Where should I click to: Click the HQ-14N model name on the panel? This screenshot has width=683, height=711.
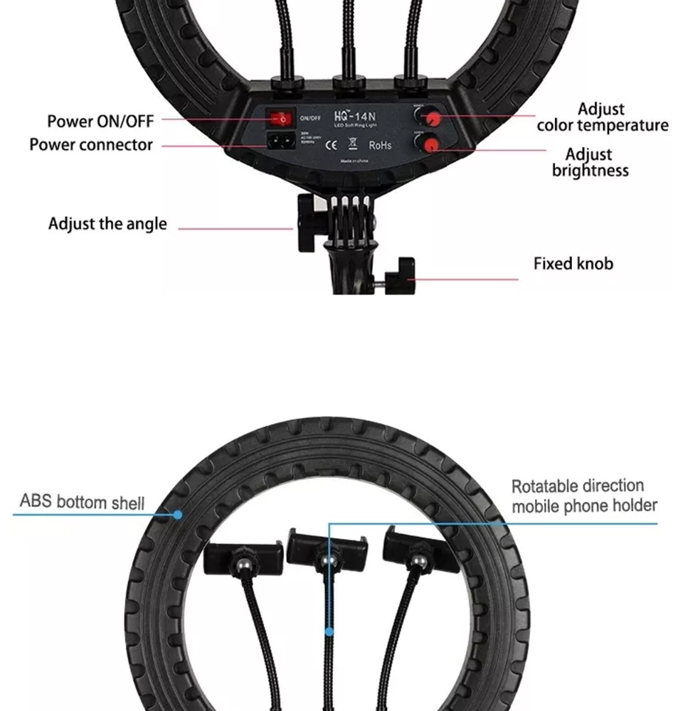[x=354, y=115]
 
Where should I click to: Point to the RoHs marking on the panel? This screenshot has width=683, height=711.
[x=380, y=145]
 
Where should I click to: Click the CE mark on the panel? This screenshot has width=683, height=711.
[x=331, y=145]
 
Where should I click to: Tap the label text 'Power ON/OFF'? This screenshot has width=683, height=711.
[x=100, y=121]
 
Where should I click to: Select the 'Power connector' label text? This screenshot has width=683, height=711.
[x=91, y=145]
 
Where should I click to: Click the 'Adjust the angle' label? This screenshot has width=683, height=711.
[x=107, y=224]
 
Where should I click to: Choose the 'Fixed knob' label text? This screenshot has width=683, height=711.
[x=573, y=264]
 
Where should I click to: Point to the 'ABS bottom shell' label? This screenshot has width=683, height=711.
[x=82, y=501]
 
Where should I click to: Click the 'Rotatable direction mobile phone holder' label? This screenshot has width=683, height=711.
[x=584, y=496]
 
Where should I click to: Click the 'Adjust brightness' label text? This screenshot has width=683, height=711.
[x=590, y=163]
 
